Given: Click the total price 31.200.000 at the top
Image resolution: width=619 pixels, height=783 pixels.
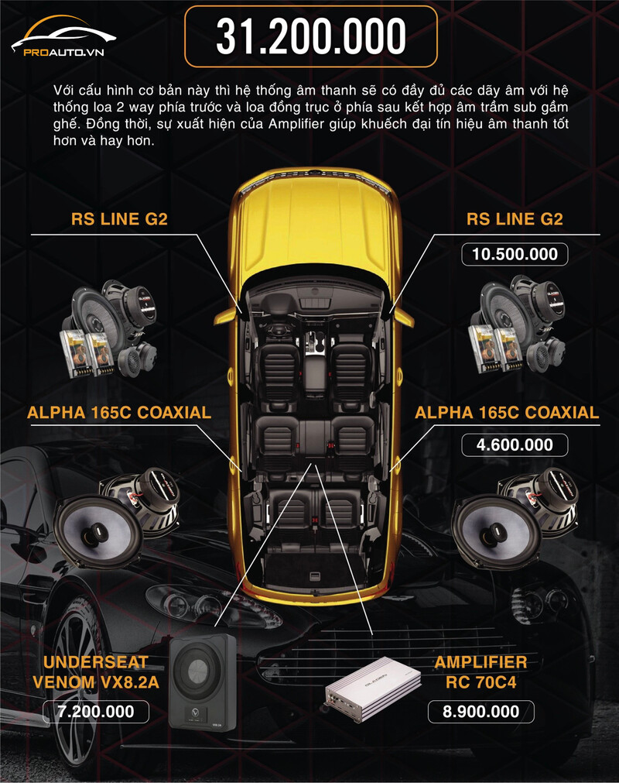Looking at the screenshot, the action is point(311,36).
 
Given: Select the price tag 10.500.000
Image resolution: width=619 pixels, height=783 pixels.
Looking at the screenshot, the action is point(515,254).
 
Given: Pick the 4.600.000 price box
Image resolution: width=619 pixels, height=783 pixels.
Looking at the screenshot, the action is point(515,445).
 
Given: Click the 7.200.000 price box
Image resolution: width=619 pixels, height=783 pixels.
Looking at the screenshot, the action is point(96,712).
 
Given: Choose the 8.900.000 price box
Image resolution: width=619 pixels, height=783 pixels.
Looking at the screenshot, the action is point(480,712).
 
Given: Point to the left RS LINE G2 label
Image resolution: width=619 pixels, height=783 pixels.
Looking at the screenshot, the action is point(119,218).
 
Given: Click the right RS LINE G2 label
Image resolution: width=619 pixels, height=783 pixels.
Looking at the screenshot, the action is point(515,218).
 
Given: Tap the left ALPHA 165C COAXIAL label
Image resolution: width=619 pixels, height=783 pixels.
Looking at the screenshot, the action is point(118,413).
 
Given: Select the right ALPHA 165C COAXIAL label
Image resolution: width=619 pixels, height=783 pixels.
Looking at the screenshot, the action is point(507,413).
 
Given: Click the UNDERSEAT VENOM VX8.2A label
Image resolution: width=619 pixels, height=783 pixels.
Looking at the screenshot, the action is point(96,672).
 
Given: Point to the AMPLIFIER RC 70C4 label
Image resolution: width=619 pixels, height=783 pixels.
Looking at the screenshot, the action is point(480,672).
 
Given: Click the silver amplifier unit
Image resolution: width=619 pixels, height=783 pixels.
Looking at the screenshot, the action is point(373,688).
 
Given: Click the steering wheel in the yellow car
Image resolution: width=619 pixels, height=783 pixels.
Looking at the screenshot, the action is point(275,330).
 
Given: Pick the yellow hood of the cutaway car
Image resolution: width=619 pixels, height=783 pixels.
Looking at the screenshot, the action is point(313,222).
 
